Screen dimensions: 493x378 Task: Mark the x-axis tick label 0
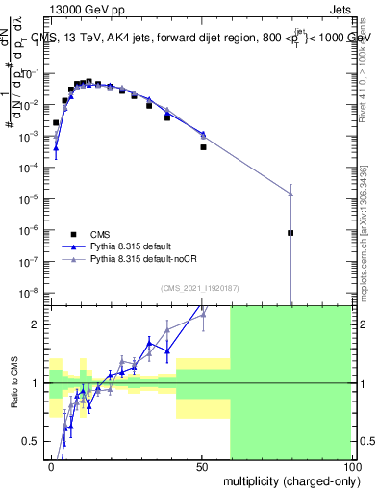[51, 467]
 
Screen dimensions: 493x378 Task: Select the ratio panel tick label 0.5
[32, 442]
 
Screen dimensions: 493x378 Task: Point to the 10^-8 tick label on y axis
[31, 292]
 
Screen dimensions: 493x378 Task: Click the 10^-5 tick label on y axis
[31, 198]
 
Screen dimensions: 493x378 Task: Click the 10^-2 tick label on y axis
[31, 105]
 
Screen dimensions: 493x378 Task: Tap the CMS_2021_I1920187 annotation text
[199, 288]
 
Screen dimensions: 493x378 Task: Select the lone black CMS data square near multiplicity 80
[290, 233]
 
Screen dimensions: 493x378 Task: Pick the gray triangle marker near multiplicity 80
[290, 194]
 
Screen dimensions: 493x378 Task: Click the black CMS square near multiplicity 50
[203, 147]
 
